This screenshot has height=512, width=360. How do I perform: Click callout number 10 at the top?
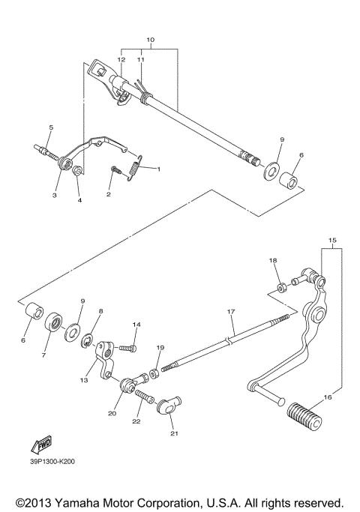pyautogui.click(x=150, y=39)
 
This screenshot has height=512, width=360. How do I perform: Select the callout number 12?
pyautogui.click(x=121, y=58)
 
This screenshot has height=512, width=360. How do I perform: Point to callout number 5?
pyautogui.click(x=51, y=127)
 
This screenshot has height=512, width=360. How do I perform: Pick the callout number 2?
pyautogui.click(x=108, y=194)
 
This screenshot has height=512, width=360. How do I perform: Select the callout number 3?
pyautogui.click(x=54, y=195)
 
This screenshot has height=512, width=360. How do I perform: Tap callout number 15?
pyautogui.click(x=332, y=241)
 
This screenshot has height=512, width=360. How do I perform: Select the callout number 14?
pyautogui.click(x=136, y=325)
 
